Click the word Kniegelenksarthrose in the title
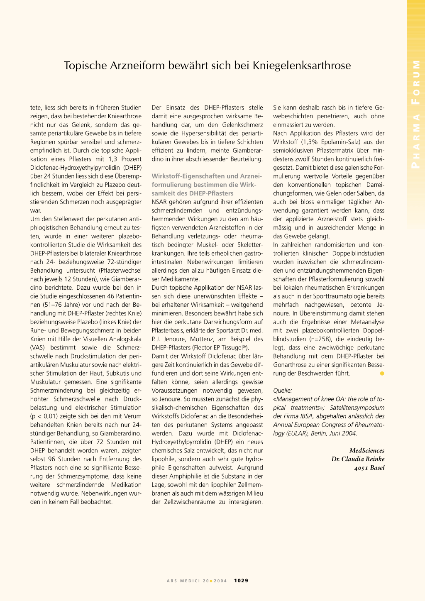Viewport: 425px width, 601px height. point(302,66)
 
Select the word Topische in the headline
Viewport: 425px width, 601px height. point(85,66)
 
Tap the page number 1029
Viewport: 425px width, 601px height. point(241,581)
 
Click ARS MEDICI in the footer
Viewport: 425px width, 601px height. point(183,581)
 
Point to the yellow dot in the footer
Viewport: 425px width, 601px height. point(211,581)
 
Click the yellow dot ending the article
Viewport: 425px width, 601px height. point(382,374)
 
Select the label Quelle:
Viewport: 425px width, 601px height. point(283,391)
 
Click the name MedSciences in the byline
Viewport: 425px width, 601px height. point(367,451)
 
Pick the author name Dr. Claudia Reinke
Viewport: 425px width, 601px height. point(358,459)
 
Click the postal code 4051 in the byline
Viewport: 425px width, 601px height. point(359,468)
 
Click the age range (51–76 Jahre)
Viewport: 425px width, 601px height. point(54,305)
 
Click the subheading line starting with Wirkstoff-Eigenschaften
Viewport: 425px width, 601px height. point(206,176)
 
